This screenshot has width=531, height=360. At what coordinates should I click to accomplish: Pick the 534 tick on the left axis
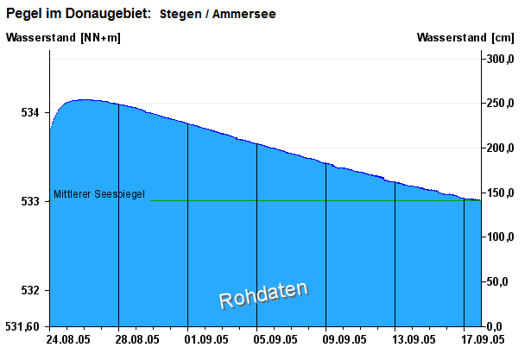tap(30, 112)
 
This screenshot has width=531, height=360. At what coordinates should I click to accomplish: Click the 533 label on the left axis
tap(30, 201)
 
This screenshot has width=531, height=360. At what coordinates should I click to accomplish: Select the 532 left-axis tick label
tap(30, 290)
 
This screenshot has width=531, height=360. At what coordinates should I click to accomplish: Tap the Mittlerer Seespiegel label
tap(99, 194)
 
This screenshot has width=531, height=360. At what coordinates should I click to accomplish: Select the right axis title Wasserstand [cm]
tap(465, 37)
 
